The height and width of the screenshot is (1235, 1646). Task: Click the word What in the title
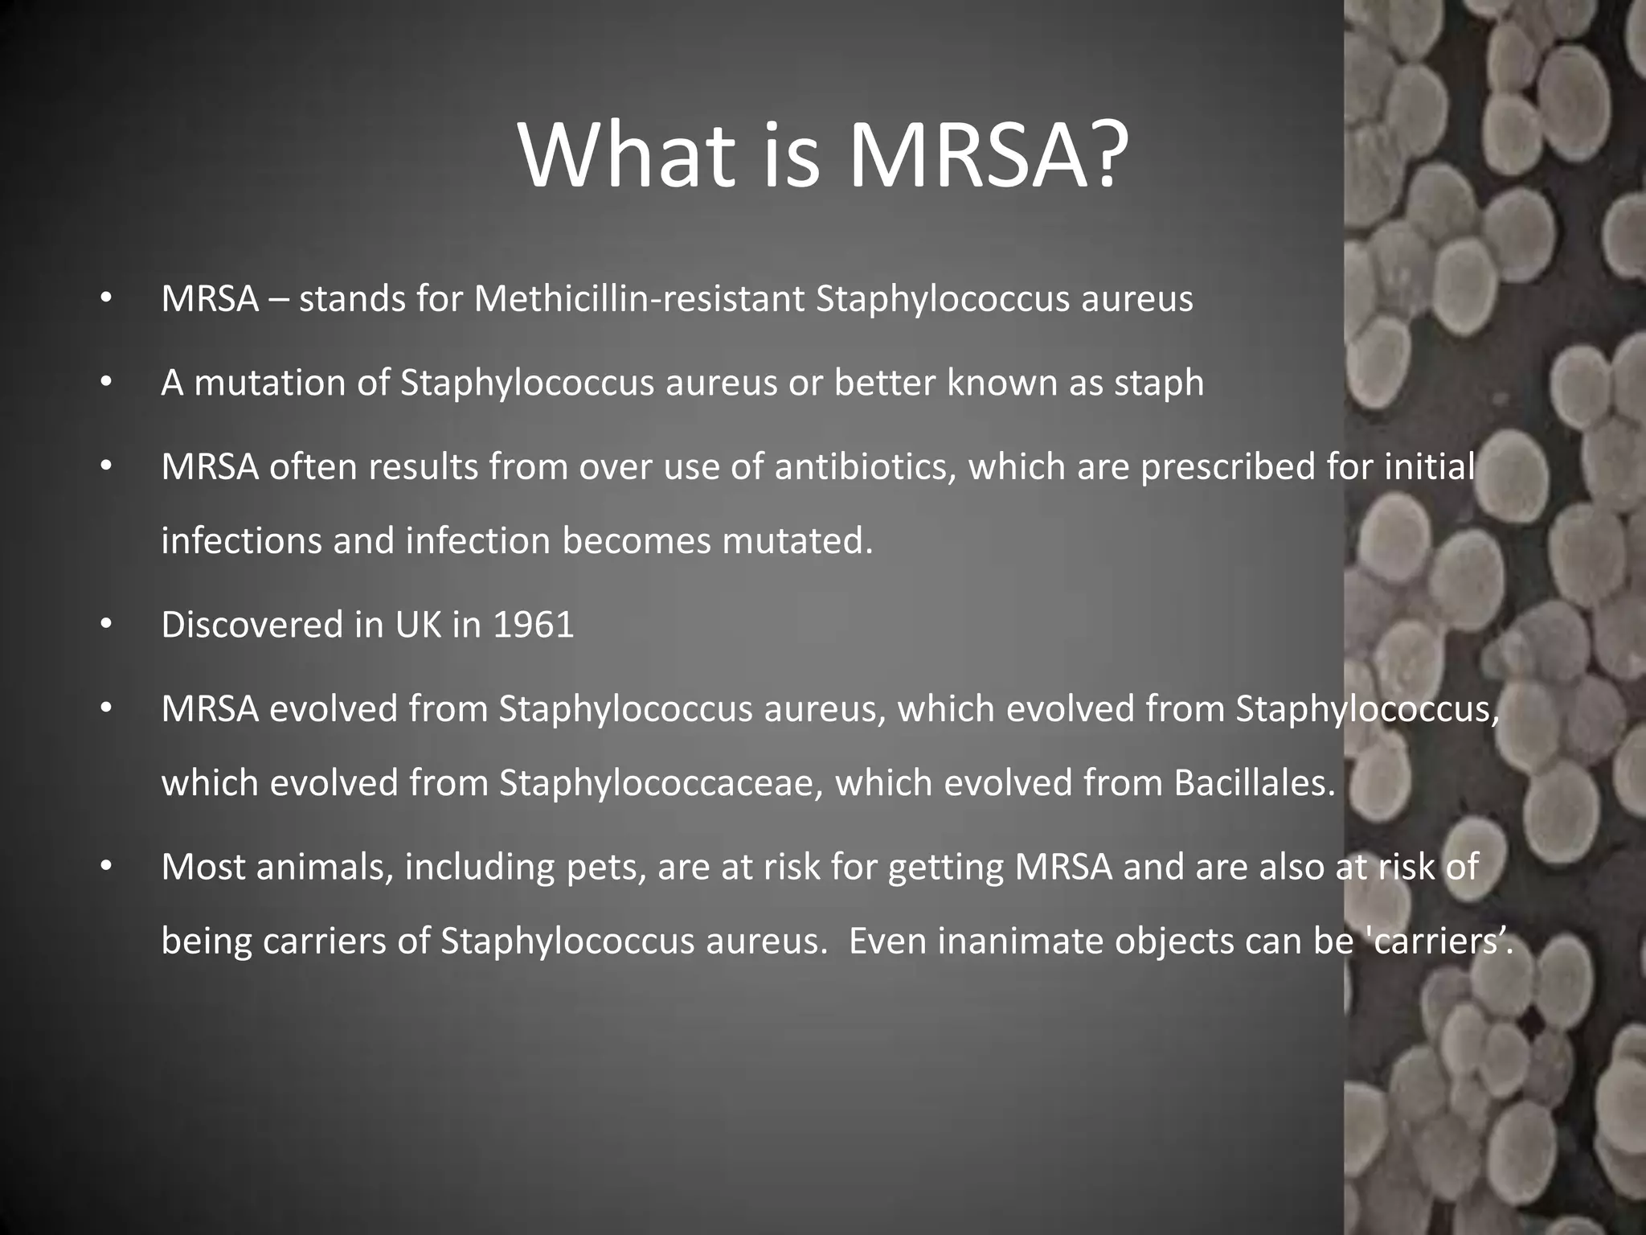tap(627, 154)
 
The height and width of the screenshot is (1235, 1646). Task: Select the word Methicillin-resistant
tap(639, 299)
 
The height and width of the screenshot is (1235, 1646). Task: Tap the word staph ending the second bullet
tap(1159, 384)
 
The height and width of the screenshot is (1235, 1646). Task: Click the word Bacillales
tap(1254, 783)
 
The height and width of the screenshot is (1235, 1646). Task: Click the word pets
tap(605, 868)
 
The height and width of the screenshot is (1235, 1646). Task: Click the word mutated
tap(796, 541)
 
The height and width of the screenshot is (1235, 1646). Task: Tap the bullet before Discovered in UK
tap(104, 625)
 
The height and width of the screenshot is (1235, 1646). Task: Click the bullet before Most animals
tap(104, 867)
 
